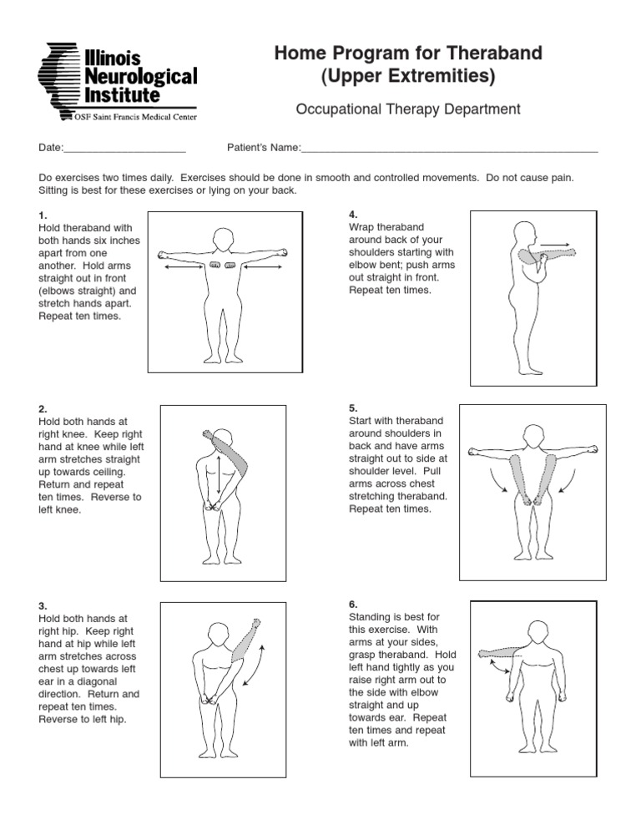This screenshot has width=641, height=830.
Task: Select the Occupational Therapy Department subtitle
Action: tap(408, 109)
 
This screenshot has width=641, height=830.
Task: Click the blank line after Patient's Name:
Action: tap(449, 149)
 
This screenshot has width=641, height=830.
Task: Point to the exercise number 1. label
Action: tap(43, 215)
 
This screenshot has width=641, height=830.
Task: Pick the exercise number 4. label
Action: tap(352, 215)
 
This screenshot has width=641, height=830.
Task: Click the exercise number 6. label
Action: tap(352, 604)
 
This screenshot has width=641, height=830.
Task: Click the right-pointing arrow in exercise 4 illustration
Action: tap(554, 245)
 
